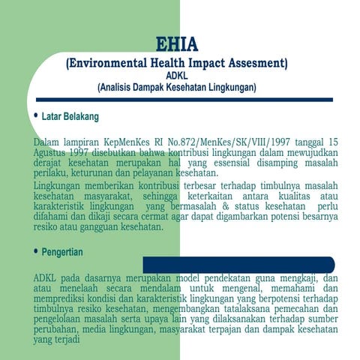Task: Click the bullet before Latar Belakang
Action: point(36,116)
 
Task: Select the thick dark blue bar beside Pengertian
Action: point(238,265)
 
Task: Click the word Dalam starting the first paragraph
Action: point(49,141)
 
